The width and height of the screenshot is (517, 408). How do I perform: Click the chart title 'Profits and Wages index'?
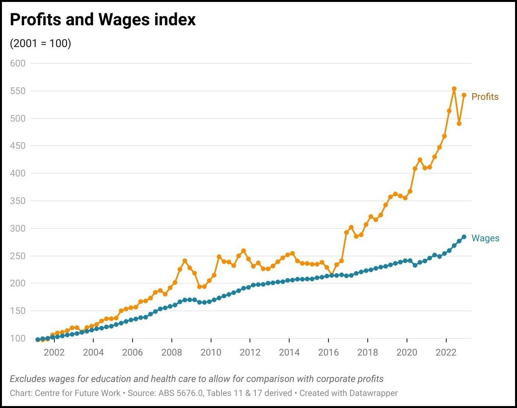pos(103,19)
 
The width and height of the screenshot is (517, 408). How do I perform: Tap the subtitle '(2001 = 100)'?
pos(40,44)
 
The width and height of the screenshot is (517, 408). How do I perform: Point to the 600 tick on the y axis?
pos(18,63)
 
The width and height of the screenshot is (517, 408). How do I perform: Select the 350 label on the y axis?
pos(18,201)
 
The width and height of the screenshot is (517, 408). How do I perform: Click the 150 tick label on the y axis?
pos(18,311)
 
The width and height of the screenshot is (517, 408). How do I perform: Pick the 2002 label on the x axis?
pos(54,352)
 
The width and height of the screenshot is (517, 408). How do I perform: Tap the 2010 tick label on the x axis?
pos(211,352)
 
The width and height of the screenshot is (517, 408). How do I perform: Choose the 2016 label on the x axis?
pos(328,352)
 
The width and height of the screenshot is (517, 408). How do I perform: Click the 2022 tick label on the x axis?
pos(446,352)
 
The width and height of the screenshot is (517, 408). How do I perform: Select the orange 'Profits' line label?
pos(485,97)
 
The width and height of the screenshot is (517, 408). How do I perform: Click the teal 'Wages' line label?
pos(486,238)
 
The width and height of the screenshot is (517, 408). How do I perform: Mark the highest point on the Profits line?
pos(454,89)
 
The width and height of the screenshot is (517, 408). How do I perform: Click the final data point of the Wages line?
pos(464,237)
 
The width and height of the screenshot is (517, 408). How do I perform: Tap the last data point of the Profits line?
pos(464,95)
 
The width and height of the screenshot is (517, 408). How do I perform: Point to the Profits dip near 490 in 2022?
pos(459,124)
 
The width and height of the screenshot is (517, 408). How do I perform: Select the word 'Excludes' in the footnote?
pos(28,379)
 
